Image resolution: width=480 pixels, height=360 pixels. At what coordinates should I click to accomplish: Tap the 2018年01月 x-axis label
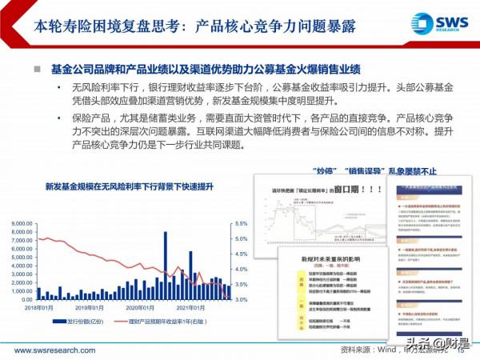tap(38, 308)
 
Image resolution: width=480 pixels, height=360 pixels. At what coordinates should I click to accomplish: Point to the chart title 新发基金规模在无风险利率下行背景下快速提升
tap(118, 186)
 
